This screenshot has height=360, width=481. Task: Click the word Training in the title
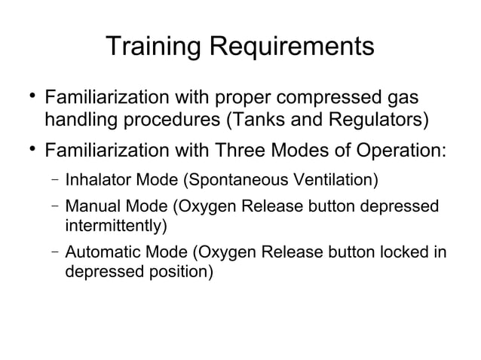click(152, 46)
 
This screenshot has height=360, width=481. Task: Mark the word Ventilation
click(338, 181)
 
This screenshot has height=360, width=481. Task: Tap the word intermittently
click(116, 225)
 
